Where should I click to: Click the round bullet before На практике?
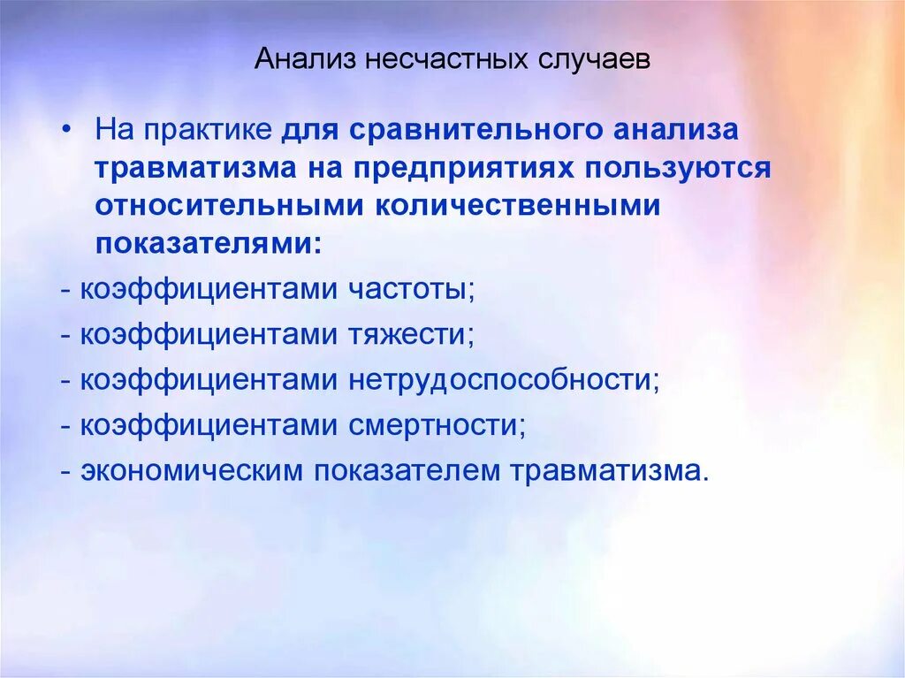(71, 130)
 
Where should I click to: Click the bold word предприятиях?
(483, 169)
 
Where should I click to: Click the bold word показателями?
(209, 244)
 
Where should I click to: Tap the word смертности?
(437, 425)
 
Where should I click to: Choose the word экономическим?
(192, 470)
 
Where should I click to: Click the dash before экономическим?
(67, 471)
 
